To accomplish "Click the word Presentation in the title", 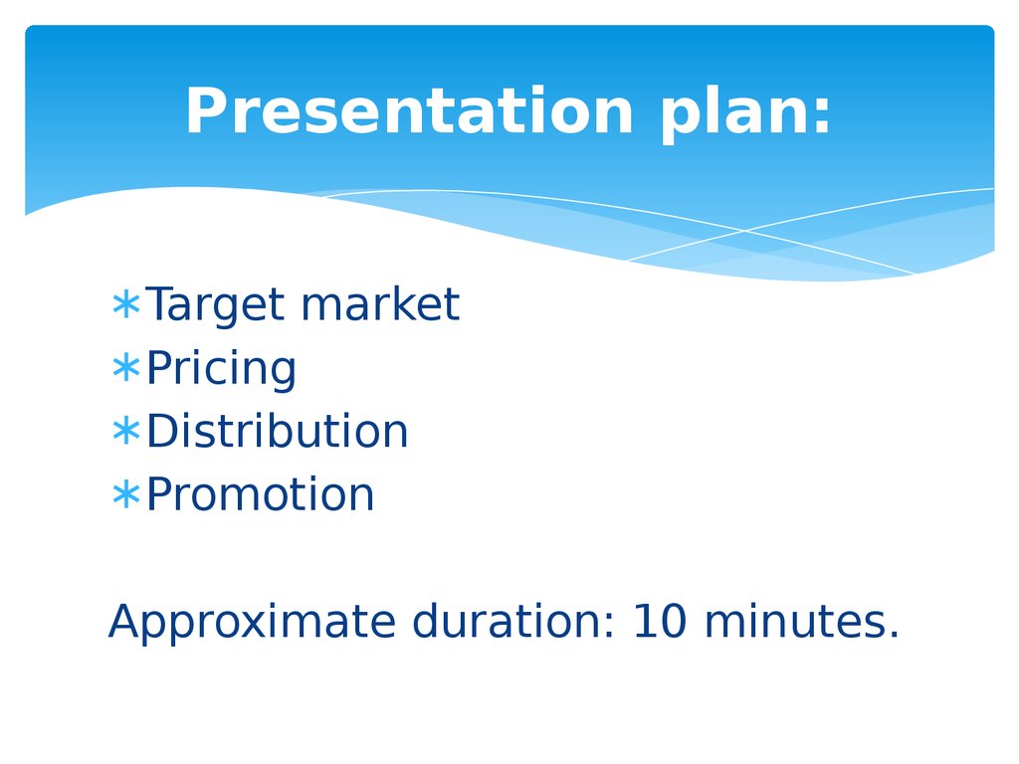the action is click(409, 111).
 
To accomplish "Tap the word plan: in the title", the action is click(745, 114).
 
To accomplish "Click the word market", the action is click(381, 303).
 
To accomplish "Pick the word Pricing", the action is click(221, 368).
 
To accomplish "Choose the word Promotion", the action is click(261, 493).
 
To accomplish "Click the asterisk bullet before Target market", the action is click(126, 304).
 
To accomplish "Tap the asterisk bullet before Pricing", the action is click(126, 367).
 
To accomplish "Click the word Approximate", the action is click(252, 623).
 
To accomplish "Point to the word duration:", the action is click(513, 621).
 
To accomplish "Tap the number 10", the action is click(660, 621).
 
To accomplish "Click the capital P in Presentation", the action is click(206, 111).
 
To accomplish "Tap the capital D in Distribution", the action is click(163, 431).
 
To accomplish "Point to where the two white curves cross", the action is click(745, 230).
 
